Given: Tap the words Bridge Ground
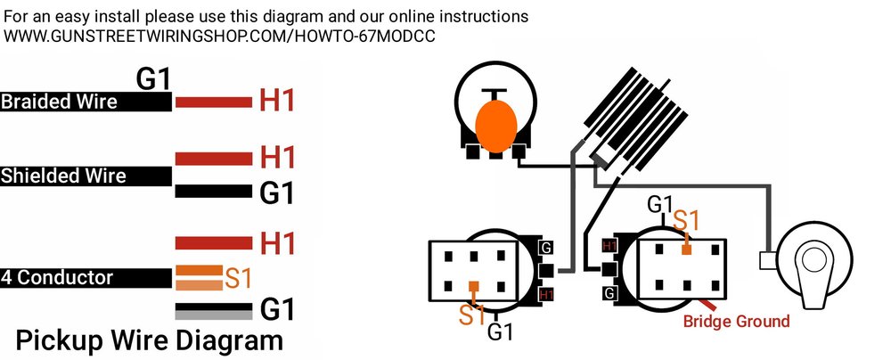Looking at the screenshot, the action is (x=736, y=321).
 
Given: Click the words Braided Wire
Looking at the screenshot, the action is (x=59, y=102).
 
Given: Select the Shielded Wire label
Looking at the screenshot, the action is (x=63, y=176).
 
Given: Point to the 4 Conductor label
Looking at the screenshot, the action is (x=57, y=278).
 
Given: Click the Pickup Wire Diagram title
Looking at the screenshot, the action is (x=150, y=340).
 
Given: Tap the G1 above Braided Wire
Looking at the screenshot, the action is (x=152, y=79).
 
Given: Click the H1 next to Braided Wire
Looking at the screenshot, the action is (x=276, y=102).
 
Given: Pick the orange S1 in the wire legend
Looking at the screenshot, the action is (x=238, y=278).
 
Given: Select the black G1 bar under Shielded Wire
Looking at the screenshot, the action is (x=213, y=191).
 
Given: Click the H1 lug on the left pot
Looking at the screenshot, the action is (x=545, y=293).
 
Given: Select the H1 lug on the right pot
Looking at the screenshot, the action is (x=610, y=245).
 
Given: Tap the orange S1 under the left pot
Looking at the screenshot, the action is (x=473, y=313).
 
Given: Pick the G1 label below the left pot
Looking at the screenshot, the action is (x=501, y=332).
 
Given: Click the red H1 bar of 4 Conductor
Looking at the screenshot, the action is (x=213, y=242).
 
